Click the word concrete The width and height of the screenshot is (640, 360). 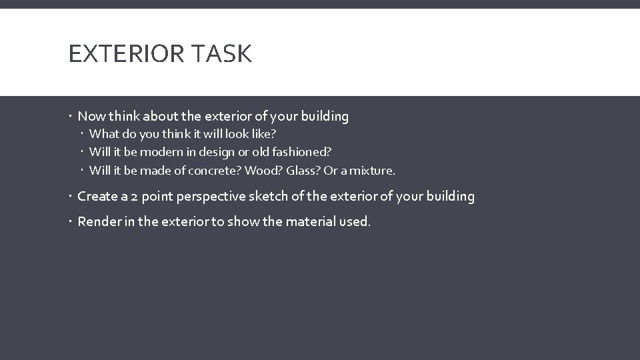[215, 171]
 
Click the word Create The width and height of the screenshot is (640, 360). [97, 197]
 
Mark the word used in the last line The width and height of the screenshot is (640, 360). [357, 221]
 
